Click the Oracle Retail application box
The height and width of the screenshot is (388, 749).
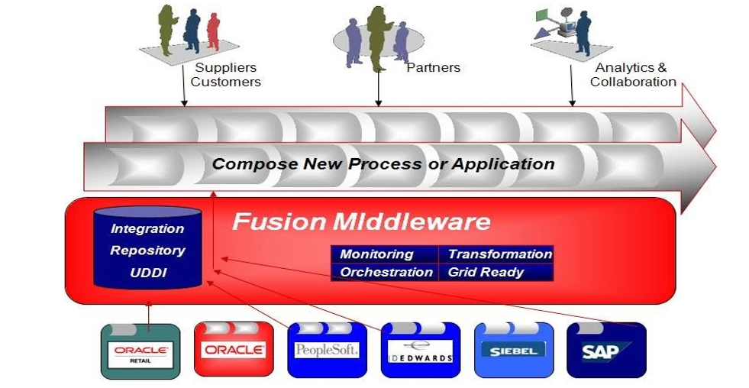(140, 351)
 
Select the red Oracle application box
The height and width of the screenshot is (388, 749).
(233, 350)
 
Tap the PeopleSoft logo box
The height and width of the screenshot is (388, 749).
(326, 351)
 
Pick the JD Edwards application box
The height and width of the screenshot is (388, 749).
(420, 351)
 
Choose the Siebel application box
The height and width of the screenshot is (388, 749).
(514, 351)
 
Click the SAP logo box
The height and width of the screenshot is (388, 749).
(606, 351)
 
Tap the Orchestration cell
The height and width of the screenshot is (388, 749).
(385, 272)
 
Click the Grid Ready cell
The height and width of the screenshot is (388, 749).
(486, 272)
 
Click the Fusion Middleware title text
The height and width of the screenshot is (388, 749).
(361, 221)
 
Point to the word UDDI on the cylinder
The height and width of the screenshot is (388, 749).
(148, 273)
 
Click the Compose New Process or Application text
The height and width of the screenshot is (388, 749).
(383, 163)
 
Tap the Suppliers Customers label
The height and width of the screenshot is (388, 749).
(225, 75)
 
